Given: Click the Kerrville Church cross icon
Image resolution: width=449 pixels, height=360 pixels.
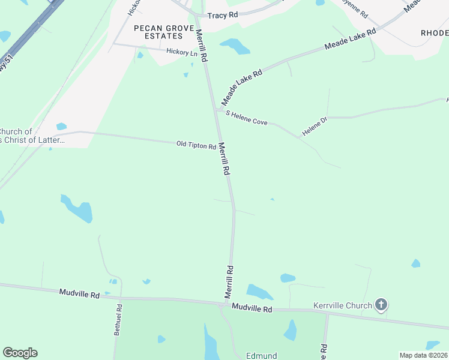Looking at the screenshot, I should pos(381,305).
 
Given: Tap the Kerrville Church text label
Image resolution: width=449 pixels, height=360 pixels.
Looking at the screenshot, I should pos(343,306).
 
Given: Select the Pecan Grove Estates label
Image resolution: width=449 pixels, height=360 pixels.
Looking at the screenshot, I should pos(158,32).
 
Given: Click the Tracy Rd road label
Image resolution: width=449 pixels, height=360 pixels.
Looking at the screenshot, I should pos(221,15).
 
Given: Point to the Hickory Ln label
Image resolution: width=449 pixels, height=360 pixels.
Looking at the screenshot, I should pos(182,53).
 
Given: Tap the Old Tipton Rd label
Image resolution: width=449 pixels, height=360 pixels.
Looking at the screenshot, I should pos(196,145).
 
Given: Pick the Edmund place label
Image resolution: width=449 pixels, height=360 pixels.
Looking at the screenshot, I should pos(261,355).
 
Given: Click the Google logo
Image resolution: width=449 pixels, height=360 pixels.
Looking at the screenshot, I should pos(20,353).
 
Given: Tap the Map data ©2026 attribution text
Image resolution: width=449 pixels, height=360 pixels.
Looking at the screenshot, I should pos(423,355).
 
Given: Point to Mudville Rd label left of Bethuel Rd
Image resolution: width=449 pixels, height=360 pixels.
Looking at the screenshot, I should pos(79,293).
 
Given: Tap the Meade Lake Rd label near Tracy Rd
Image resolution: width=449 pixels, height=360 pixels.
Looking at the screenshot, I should pos(349,38).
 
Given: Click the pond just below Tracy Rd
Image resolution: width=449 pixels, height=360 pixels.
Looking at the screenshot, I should pos(235,46).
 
